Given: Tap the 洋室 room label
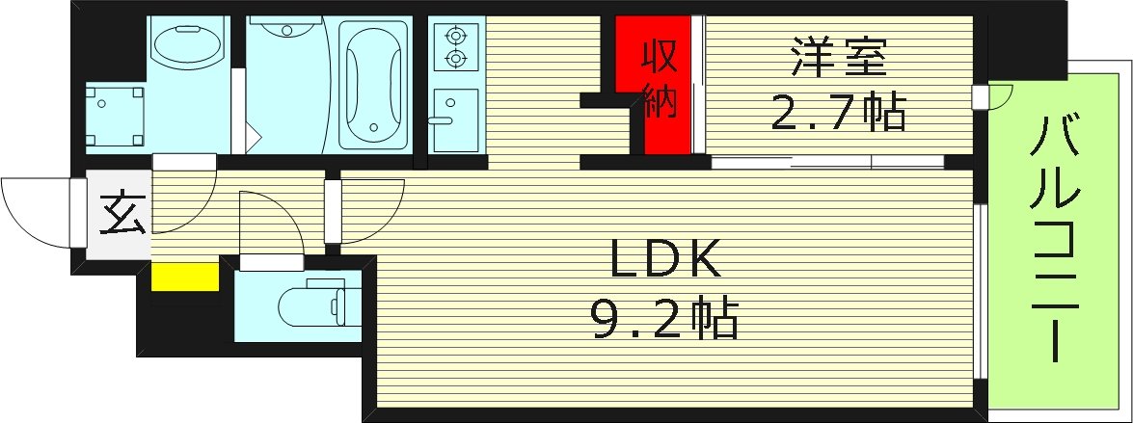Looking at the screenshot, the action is [x=838, y=59].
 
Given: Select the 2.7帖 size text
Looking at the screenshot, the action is [x=837, y=114].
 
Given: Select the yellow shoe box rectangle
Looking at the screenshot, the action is [x=185, y=276].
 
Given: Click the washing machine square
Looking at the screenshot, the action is [x=116, y=115].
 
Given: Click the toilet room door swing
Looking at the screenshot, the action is [x=267, y=222].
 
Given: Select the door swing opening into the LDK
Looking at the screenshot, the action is [x=368, y=207].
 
